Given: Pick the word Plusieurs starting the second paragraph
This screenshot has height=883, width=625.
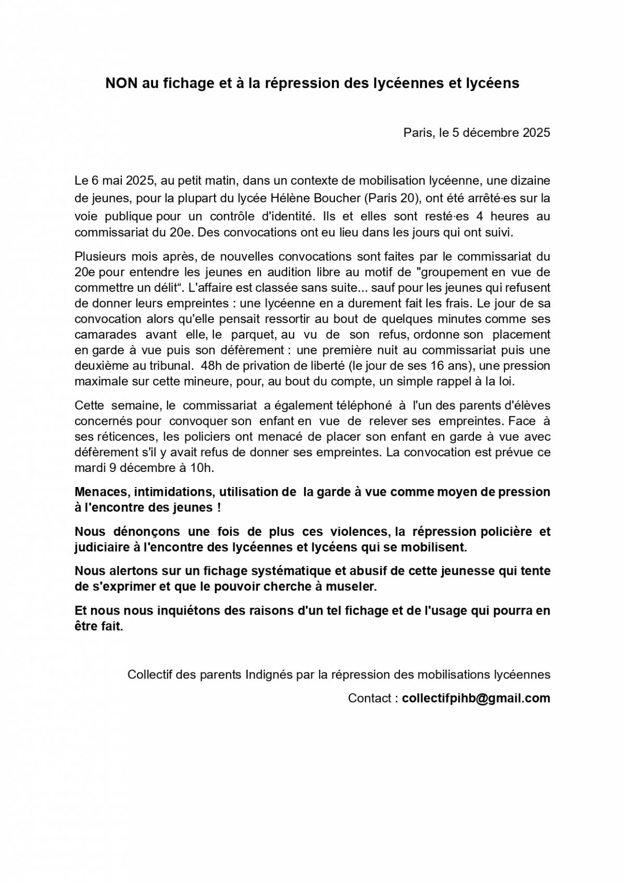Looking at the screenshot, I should pyautogui.click(x=100, y=257).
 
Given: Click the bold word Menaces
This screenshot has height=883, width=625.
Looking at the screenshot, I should pyautogui.click(x=103, y=492).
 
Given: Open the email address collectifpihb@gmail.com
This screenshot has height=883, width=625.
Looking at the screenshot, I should pyautogui.click(x=476, y=698).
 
